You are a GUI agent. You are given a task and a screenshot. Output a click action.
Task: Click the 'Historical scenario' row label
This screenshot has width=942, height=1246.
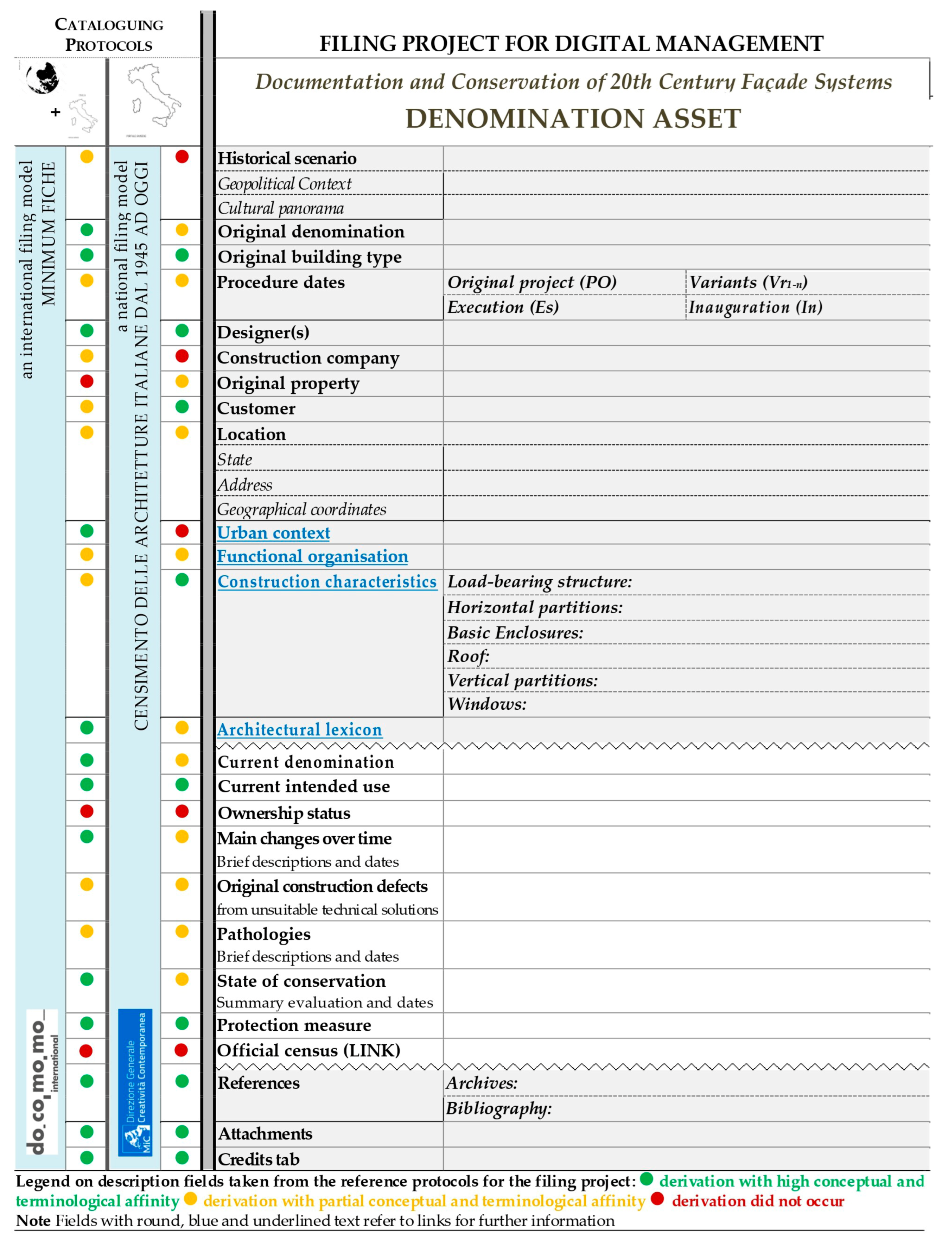click(x=287, y=158)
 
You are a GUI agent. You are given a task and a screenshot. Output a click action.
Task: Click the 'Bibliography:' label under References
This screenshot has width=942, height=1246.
click(x=498, y=1108)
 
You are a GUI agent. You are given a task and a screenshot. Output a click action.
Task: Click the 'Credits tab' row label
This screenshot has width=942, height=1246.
click(x=259, y=1159)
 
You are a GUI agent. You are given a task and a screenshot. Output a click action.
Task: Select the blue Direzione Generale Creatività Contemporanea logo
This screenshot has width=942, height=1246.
click(x=135, y=1082)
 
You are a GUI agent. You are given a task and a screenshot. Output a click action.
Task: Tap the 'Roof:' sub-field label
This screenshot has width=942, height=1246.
click(x=468, y=656)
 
